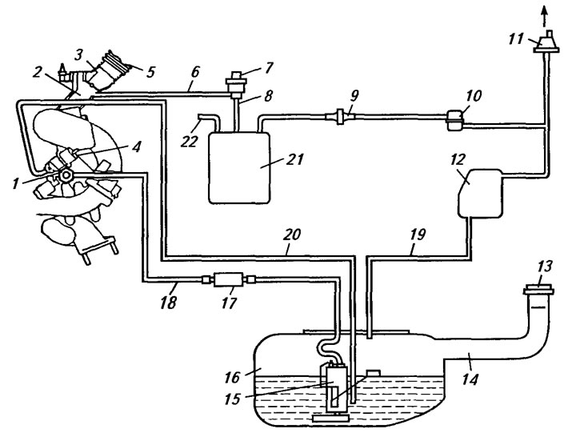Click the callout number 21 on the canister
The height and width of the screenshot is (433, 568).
click(x=294, y=159)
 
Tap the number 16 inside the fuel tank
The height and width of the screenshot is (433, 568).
click(x=232, y=377)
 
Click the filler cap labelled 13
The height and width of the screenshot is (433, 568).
click(x=538, y=291)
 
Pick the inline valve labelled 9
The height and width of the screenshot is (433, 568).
click(x=341, y=116)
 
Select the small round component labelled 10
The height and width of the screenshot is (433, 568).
click(x=455, y=120)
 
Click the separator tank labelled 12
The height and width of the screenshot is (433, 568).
click(x=481, y=193)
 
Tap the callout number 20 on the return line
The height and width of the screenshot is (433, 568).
click(x=292, y=235)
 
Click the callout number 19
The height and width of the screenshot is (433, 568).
click(x=418, y=235)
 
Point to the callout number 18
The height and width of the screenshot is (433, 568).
click(x=168, y=301)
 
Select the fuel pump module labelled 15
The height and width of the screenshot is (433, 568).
click(x=334, y=390)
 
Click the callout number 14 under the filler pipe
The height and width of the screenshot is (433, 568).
click(x=470, y=379)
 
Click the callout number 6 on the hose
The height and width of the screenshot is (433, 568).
click(x=195, y=71)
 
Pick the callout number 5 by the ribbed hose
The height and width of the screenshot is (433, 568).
click(x=150, y=71)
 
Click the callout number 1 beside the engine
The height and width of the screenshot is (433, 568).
click(x=14, y=183)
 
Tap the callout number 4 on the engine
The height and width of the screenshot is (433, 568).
click(x=136, y=146)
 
